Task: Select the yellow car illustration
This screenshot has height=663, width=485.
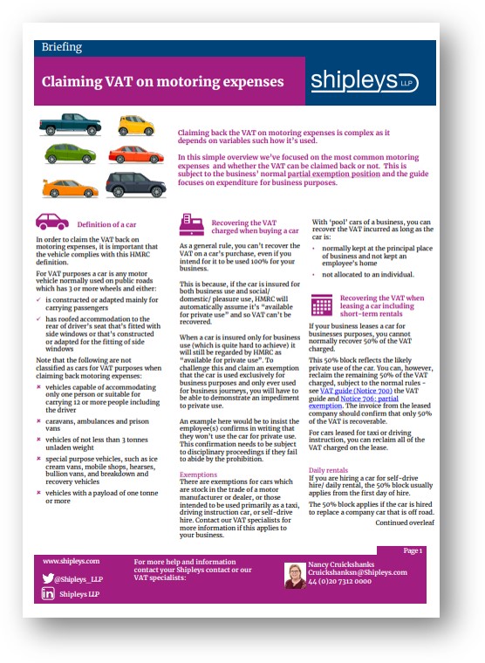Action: click(135, 126)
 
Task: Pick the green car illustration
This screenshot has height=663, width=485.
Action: click(69, 155)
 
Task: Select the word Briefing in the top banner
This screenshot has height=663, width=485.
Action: click(62, 47)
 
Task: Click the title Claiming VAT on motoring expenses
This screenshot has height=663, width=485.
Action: click(162, 82)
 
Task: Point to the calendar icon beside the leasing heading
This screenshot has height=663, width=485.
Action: click(322, 305)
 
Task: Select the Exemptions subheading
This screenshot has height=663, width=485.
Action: click(199, 475)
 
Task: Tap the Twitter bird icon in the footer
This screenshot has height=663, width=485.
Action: click(49, 578)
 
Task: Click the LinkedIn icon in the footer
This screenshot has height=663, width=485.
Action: click(49, 594)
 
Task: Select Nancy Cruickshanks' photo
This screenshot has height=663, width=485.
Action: click(296, 576)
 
